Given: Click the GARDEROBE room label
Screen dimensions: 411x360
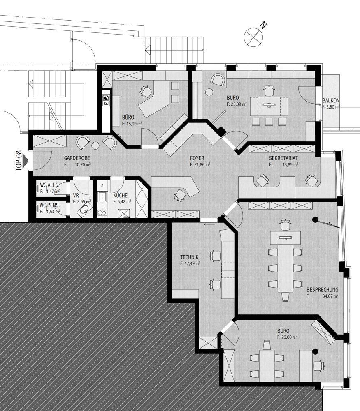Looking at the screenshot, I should [x=77, y=158].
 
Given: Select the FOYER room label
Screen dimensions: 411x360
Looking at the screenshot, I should [x=197, y=158].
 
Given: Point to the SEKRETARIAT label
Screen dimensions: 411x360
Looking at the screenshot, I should [x=283, y=158].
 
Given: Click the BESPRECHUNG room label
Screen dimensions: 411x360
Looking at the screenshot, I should [x=322, y=289].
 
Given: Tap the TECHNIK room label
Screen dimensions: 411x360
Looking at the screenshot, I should [x=189, y=257].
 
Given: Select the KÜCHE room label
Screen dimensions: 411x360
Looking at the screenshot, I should [x=121, y=196].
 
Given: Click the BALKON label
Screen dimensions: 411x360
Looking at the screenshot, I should [x=330, y=100].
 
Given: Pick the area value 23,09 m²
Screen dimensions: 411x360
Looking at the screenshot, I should [x=239, y=105].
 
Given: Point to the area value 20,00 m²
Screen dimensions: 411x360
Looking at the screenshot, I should [x=289, y=337].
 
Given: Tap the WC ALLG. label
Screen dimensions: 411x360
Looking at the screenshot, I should [x=50, y=185].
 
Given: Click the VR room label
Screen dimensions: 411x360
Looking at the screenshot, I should [x=76, y=196].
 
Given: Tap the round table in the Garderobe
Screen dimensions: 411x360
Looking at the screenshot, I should [x=95, y=145].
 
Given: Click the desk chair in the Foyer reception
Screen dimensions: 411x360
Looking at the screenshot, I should [x=179, y=195].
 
